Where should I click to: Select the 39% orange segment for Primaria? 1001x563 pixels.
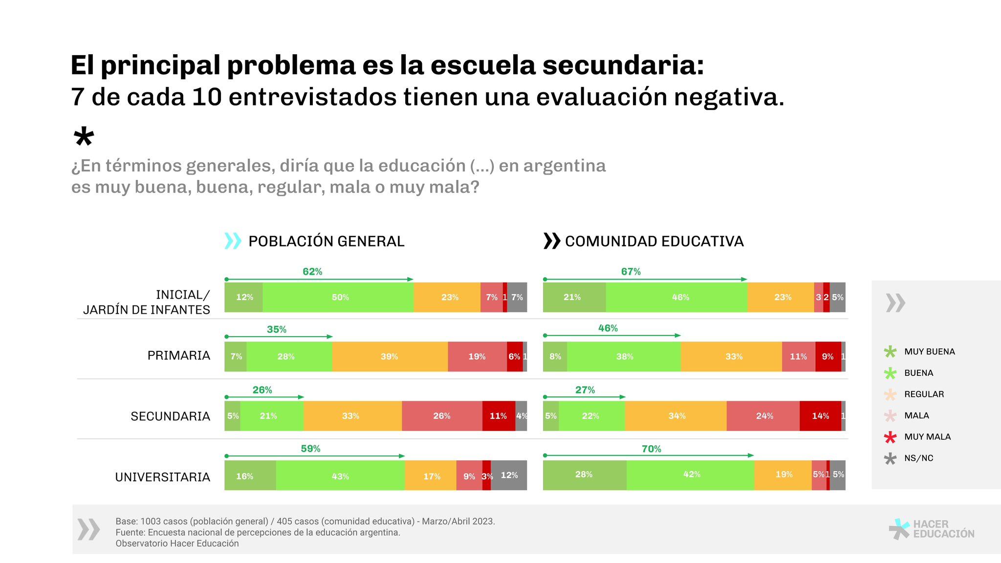[x=390, y=357]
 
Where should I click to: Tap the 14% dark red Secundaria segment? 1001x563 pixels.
[x=820, y=416]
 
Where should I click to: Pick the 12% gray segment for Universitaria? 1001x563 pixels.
[x=509, y=475]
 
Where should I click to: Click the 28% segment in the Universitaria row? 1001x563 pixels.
[x=584, y=475]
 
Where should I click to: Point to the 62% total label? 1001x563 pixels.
[x=312, y=272]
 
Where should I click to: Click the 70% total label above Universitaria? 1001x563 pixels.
[x=651, y=449]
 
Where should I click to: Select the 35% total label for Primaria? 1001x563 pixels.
[x=277, y=329]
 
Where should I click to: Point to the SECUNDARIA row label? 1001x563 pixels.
[x=170, y=416]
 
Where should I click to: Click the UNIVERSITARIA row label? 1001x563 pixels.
[x=162, y=477]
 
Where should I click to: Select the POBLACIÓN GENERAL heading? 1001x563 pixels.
[x=326, y=241]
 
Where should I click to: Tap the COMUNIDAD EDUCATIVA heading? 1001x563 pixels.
[x=654, y=241]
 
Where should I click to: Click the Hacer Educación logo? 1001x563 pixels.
[x=932, y=529]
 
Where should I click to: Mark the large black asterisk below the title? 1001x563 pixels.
[x=84, y=137]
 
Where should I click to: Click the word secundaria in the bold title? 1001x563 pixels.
[x=623, y=65]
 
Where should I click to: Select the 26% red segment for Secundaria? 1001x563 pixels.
[x=442, y=416]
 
